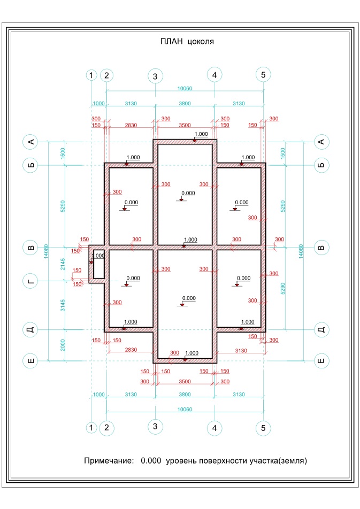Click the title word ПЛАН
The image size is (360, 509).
172,41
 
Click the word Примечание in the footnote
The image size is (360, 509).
109,460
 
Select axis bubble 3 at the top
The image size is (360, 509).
155,76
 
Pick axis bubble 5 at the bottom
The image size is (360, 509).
263,428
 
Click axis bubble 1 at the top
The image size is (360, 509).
91,75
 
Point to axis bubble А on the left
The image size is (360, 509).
30,142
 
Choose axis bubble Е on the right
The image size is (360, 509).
321,361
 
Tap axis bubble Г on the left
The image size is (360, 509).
30,281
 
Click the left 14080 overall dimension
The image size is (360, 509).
46,251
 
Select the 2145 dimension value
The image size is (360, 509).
63,264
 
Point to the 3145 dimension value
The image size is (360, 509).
63,305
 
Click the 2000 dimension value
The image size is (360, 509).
63,345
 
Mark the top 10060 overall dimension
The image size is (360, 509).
185,88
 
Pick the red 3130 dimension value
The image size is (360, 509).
241,351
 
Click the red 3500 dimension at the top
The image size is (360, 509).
185,125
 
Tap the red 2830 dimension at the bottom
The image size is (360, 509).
131,350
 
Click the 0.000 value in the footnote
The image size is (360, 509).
151,460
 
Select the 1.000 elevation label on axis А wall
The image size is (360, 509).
201,134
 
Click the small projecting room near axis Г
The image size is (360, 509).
97,264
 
